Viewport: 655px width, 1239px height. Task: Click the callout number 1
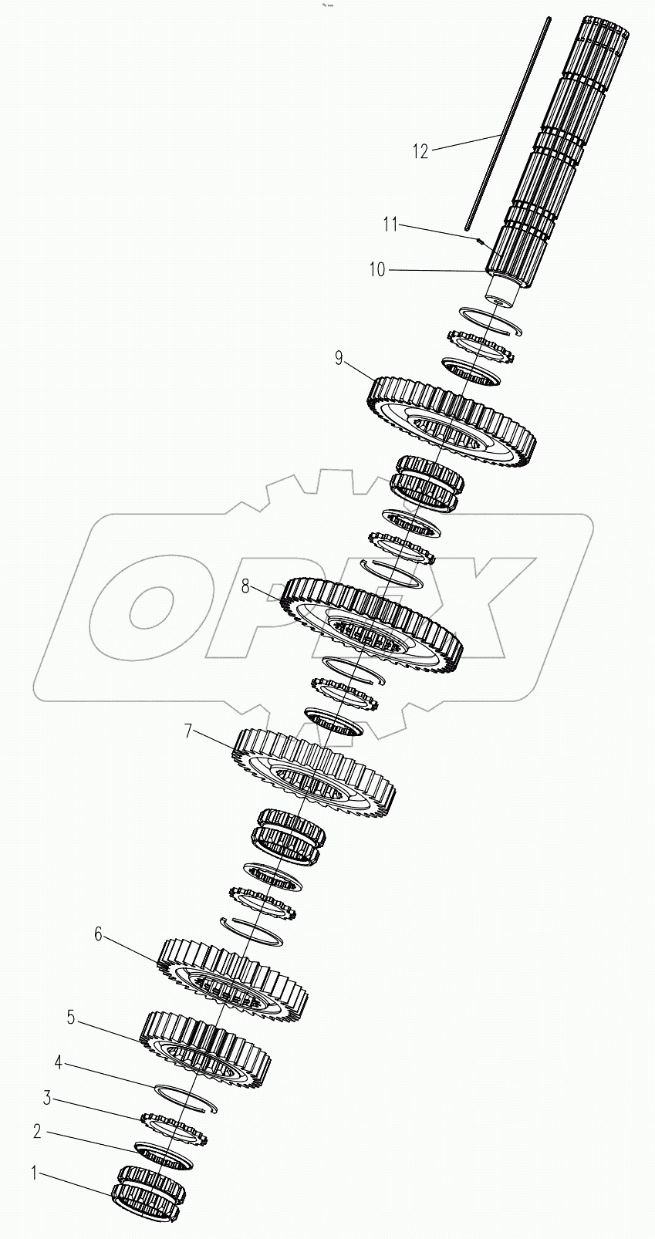click(x=33, y=1173)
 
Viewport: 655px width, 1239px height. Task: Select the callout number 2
click(x=36, y=1132)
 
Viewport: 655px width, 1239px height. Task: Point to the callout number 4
click(x=58, y=1062)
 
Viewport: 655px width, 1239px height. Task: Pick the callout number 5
click(x=70, y=1018)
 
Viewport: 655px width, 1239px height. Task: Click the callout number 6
click(x=97, y=934)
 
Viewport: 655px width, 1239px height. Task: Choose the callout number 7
click(x=187, y=731)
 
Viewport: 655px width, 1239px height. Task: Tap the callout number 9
click(x=338, y=358)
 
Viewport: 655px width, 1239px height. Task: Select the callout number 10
click(x=376, y=269)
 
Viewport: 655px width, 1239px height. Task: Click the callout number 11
click(x=390, y=225)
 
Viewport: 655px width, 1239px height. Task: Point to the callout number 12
click(x=420, y=151)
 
